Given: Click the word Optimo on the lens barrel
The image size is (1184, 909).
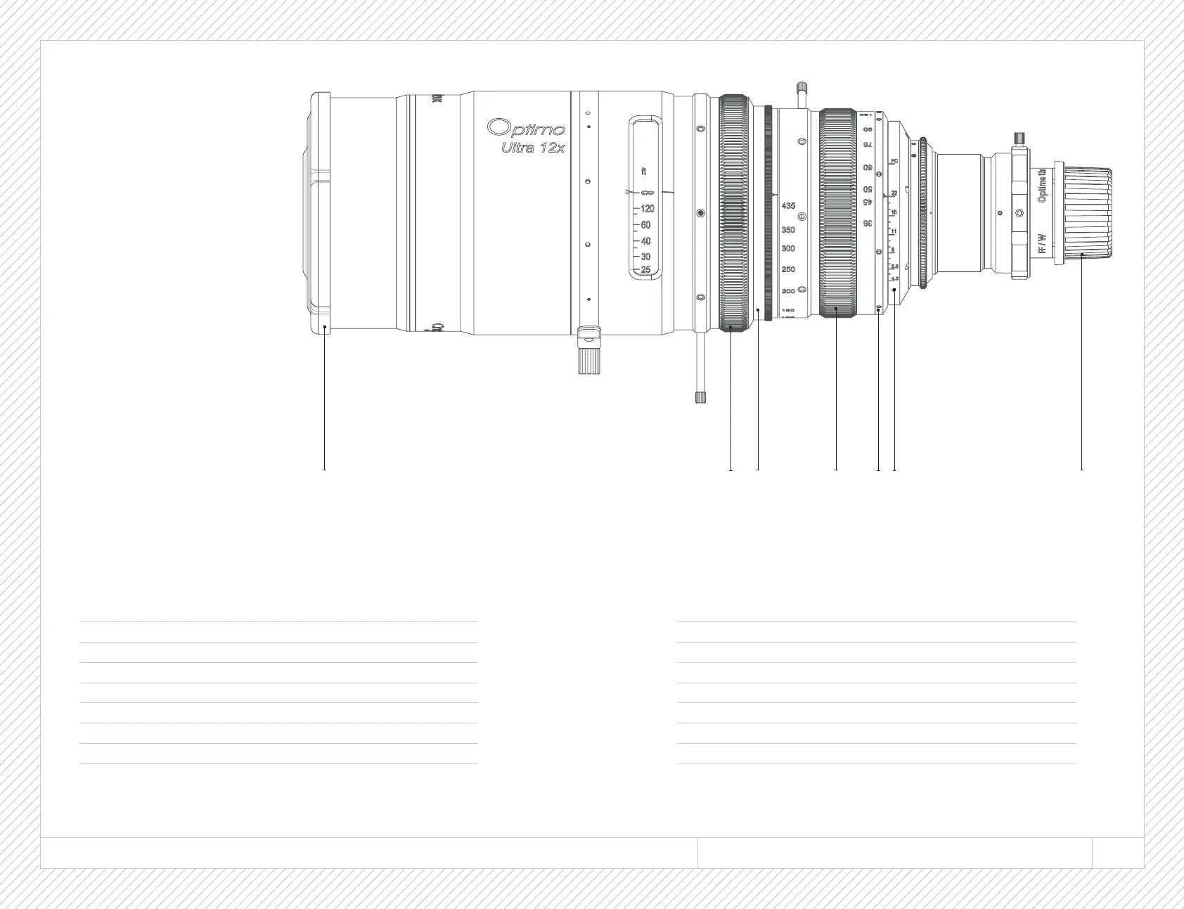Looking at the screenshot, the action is coord(527,128).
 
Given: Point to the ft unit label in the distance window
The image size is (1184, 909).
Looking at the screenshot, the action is coord(644,172).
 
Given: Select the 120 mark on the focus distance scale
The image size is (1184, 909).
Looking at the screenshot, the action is coord(647,209).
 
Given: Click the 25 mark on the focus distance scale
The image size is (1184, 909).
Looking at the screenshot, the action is coord(645,269).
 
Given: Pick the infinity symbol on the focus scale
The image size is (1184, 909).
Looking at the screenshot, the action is coord(647,192).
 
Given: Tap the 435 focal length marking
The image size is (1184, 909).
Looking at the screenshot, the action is coord(788,206).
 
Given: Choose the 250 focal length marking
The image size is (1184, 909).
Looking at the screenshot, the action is coord(788,270).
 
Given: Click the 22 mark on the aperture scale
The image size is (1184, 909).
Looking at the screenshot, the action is coord(894,193).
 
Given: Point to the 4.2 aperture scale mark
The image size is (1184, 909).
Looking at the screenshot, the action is coord(894,279).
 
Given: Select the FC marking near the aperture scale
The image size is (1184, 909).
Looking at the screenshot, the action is coord(894,162).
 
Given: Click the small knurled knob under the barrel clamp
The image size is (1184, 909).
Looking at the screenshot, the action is coord(587,361).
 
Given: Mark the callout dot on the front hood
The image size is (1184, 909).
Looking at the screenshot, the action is coord(324,327).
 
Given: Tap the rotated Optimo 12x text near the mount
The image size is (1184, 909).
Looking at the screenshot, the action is coord(1043,186).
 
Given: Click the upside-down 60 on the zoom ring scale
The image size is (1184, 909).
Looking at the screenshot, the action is coord(868,168).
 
